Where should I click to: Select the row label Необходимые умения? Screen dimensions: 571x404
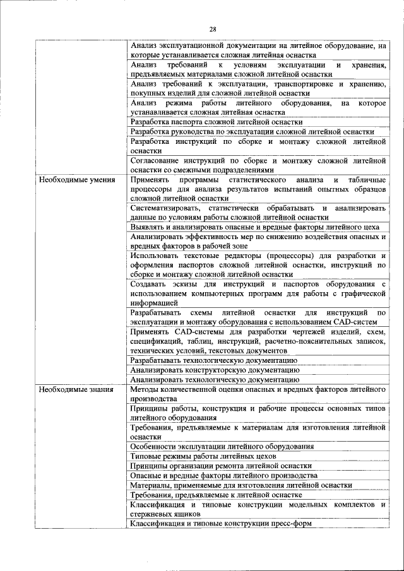coord(77,180)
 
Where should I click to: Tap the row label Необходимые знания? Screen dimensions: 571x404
coord(76,389)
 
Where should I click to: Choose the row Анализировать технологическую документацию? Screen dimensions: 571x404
coord(215,380)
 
